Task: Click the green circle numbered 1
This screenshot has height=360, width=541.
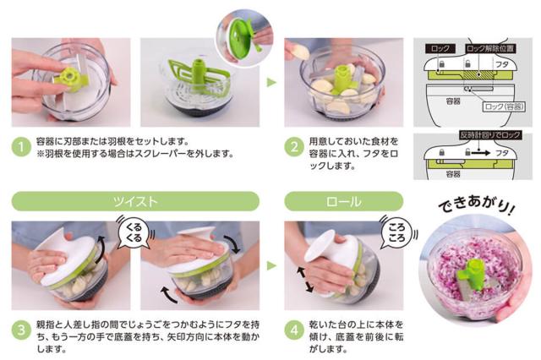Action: (21, 147)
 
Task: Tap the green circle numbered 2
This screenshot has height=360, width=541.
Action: (294, 147)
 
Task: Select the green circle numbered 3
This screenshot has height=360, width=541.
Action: (21, 330)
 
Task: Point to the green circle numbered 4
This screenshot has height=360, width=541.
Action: (294, 330)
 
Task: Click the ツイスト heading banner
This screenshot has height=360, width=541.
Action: (135, 201)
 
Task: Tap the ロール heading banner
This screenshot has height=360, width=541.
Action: (344, 201)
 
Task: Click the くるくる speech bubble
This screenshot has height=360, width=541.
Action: (134, 232)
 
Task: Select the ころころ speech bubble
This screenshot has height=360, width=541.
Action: (396, 232)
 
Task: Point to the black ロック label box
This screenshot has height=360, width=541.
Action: (440, 49)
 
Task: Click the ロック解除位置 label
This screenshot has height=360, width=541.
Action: (490, 49)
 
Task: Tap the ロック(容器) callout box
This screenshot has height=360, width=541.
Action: (504, 106)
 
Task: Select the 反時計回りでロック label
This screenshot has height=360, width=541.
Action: (490, 135)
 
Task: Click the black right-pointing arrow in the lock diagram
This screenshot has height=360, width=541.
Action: (481, 152)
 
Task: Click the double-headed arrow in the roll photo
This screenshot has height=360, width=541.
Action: (305, 280)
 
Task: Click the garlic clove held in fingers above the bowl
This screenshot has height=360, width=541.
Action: (301, 52)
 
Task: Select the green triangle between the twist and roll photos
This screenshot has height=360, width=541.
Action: (271, 265)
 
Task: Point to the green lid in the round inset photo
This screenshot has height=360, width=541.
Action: (240, 37)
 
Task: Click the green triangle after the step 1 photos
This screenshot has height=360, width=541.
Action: (271, 82)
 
